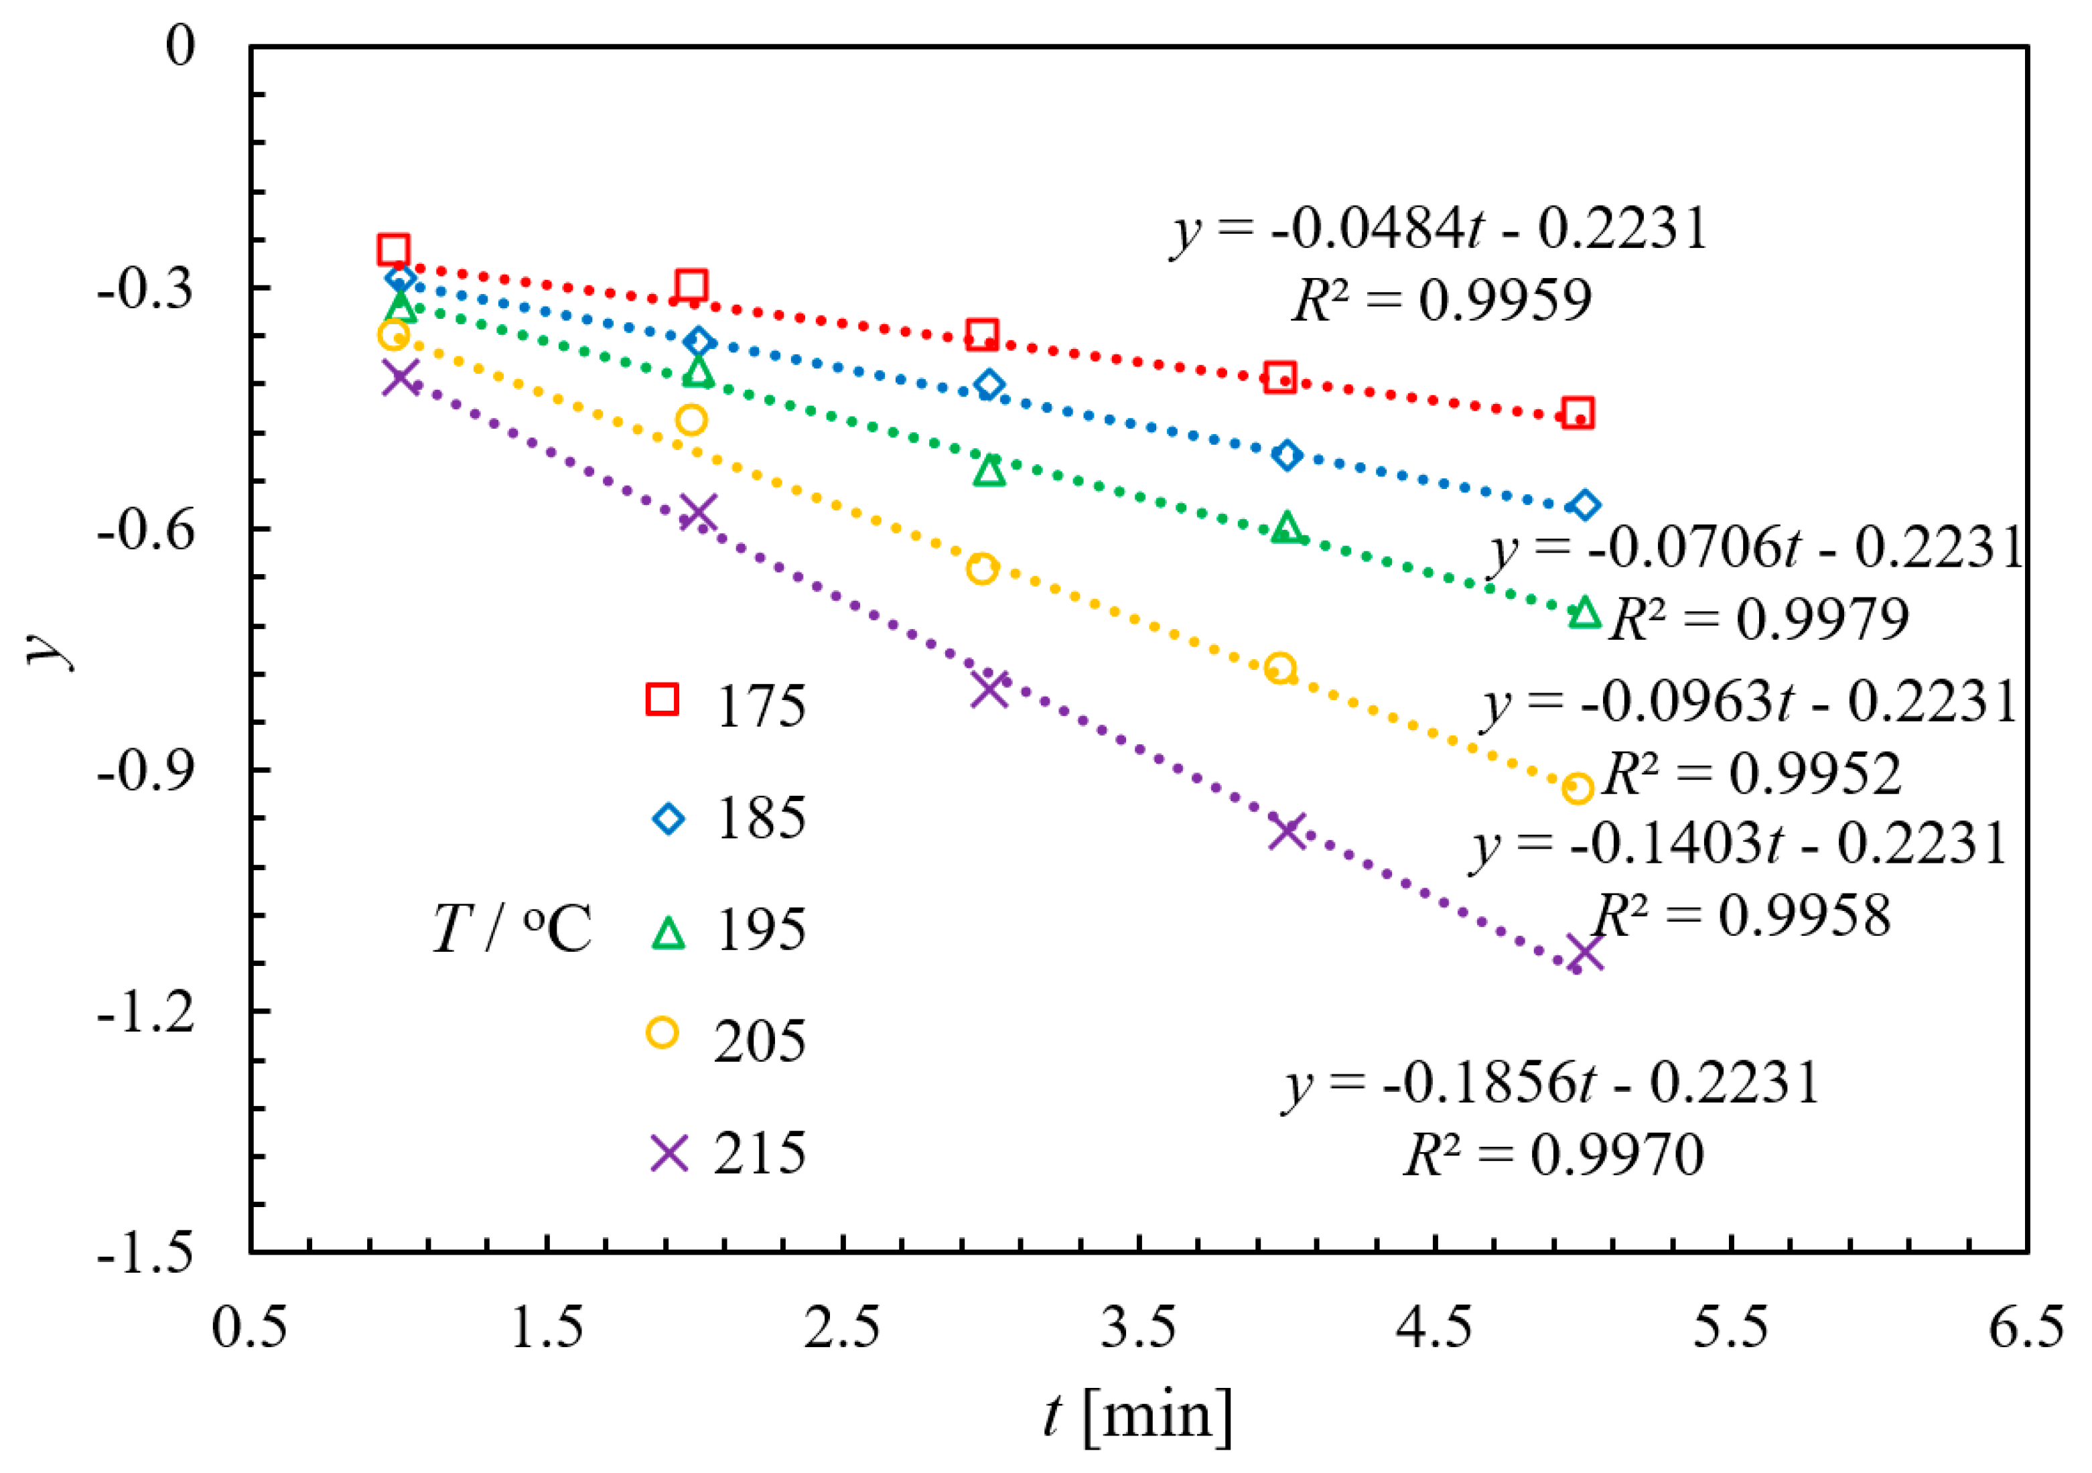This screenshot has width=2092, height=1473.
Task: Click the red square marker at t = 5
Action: (1577, 413)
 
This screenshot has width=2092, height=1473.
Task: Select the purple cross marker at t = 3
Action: (989, 689)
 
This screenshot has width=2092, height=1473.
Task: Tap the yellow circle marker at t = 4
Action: (1280, 669)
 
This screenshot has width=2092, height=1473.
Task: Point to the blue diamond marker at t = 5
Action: (1584, 504)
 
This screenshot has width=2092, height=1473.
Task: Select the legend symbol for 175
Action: (663, 699)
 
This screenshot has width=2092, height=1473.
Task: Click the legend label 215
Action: (760, 1153)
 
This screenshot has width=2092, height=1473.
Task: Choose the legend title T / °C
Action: (512, 929)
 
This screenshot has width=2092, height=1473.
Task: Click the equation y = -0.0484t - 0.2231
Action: (1440, 228)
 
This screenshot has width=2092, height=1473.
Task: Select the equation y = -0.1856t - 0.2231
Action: (1551, 1083)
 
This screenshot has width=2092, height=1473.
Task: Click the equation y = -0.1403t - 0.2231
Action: (1740, 843)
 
